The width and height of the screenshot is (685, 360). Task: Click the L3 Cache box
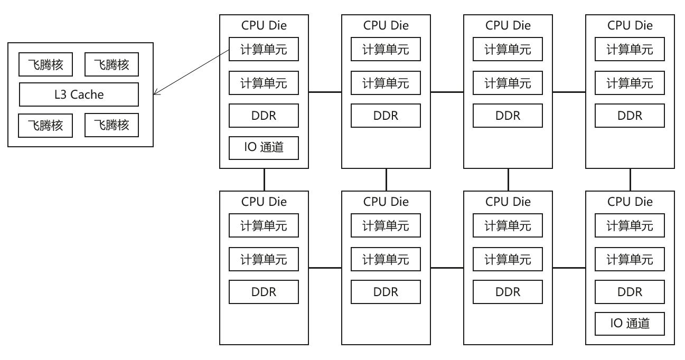click(x=79, y=94)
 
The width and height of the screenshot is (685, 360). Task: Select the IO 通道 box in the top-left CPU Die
click(x=264, y=148)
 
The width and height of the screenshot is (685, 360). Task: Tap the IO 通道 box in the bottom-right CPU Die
click(x=630, y=324)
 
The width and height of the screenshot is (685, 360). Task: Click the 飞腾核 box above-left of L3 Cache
click(x=45, y=64)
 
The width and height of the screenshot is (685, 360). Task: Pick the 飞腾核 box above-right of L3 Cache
click(x=111, y=64)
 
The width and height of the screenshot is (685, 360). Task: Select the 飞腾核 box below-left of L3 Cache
click(x=45, y=125)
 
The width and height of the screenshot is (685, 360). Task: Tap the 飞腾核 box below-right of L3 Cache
click(x=111, y=125)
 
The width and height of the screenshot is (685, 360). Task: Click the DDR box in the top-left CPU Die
click(x=264, y=116)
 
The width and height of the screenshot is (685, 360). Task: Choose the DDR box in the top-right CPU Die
click(x=630, y=116)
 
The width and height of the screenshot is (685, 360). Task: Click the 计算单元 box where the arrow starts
click(x=264, y=50)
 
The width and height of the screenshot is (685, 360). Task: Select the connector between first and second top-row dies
click(x=325, y=92)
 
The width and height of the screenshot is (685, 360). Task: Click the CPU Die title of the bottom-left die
click(x=264, y=202)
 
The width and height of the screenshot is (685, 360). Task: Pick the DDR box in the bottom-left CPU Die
click(x=264, y=292)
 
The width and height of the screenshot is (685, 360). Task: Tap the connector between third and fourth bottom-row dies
click(x=569, y=268)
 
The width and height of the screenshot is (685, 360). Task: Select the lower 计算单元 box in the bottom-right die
click(x=630, y=259)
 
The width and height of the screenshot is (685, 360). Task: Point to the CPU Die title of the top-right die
click(x=630, y=25)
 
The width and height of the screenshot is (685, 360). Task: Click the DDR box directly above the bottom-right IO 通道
click(x=630, y=292)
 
